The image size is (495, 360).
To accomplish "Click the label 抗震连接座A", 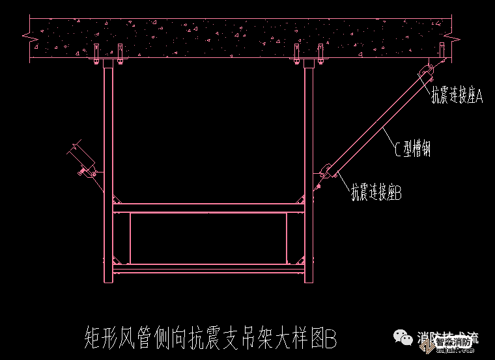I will point(457,96).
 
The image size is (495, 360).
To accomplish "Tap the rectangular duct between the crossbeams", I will point(208,238).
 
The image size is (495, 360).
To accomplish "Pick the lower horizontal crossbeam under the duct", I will point(208,267).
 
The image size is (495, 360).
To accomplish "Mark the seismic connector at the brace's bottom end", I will point(328,173).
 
